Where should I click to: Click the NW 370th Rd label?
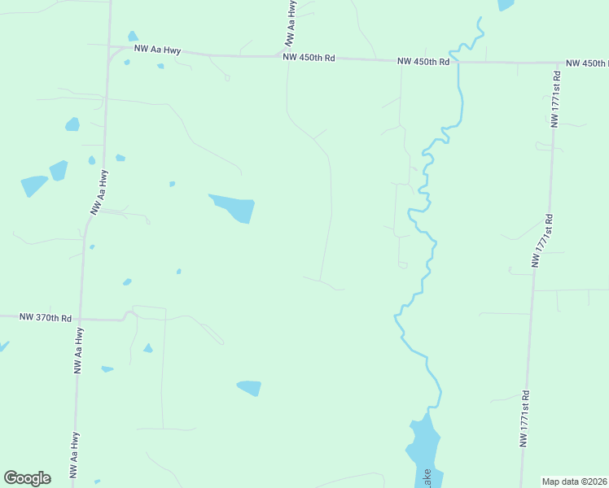[x=45, y=317]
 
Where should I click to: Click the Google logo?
[x=27, y=478]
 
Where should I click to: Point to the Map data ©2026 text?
[x=575, y=481]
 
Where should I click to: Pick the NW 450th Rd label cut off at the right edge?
[x=586, y=63]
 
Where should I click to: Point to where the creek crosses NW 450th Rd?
[x=458, y=61]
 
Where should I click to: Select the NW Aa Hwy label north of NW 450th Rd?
[x=290, y=23]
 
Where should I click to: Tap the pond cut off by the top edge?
[x=506, y=4]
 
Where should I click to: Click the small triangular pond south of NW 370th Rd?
[x=147, y=348]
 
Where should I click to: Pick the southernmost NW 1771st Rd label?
[x=524, y=422]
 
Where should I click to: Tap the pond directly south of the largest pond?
[x=250, y=388]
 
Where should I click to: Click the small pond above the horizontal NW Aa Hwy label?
[x=133, y=37]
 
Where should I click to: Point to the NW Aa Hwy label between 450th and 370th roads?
[x=98, y=190]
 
